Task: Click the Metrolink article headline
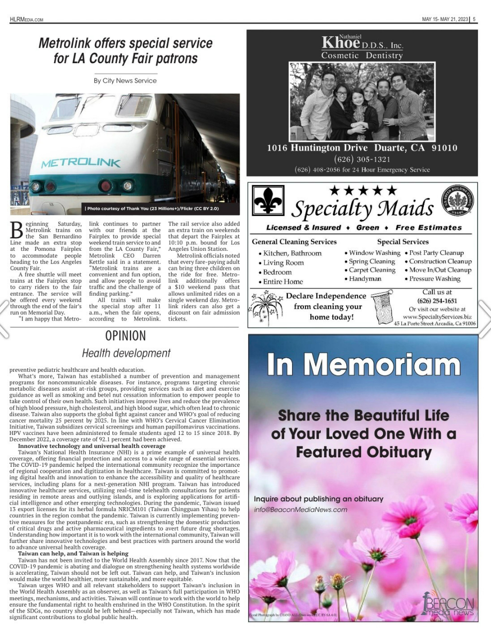tap(125, 51)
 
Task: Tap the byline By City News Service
tap(125, 81)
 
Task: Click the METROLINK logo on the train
tap(81, 163)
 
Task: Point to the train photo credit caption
tap(152, 209)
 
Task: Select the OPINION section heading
tap(125, 336)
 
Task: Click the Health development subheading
tap(126, 353)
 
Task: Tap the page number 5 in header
tap(474, 19)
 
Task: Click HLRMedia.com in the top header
tap(26, 19)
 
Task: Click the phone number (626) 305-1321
tap(362, 159)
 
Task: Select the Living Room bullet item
tap(283, 263)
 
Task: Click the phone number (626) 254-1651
tap(437, 301)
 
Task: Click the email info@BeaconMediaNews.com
tap(300, 510)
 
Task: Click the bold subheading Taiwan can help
tap(73, 553)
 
